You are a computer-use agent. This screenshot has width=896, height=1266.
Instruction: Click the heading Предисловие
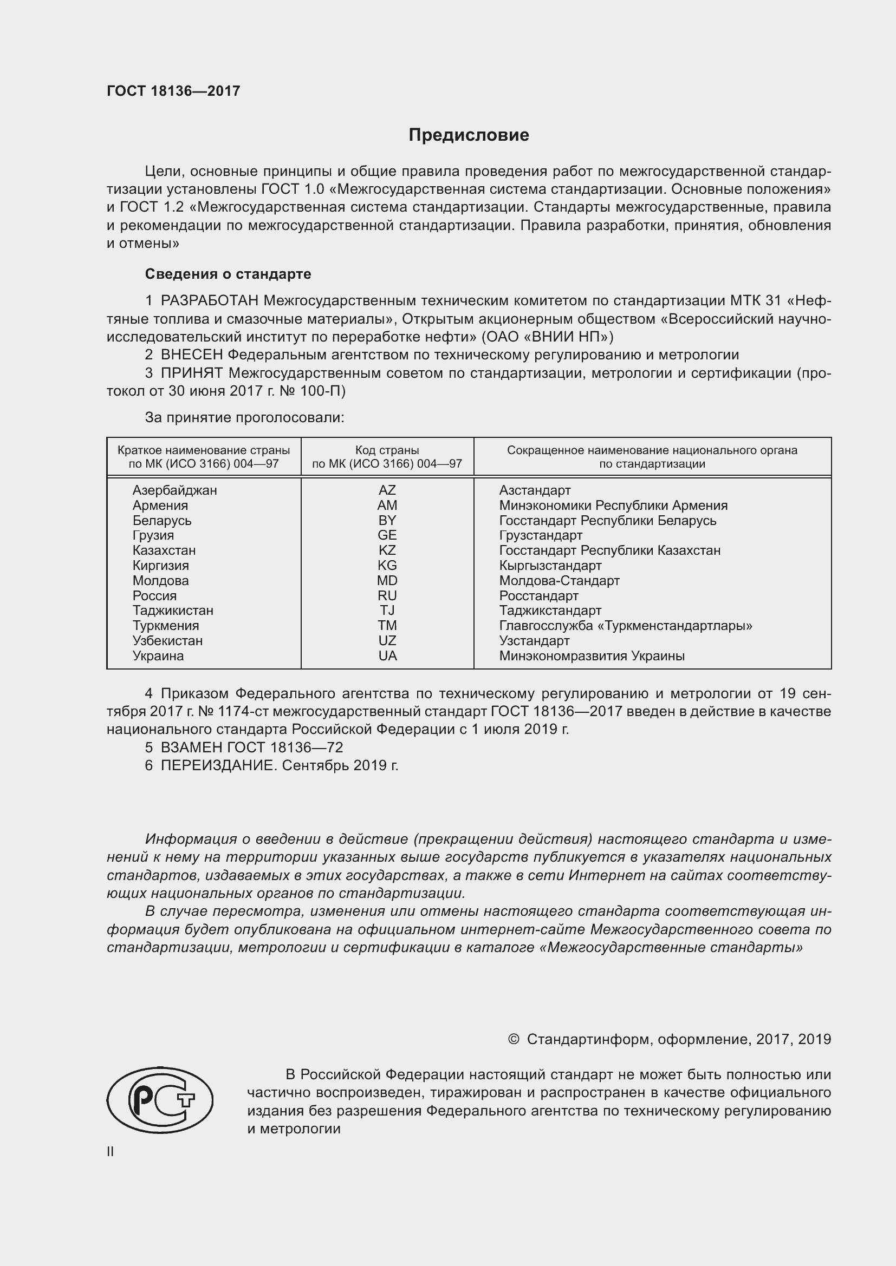pos(469,135)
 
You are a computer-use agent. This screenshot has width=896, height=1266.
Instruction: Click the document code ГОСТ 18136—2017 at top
pos(173,91)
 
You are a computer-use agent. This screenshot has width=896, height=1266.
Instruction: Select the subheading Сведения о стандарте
pos(228,274)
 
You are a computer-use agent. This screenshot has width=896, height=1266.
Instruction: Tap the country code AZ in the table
pos(387,490)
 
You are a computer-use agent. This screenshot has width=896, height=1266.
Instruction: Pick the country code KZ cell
pos(387,550)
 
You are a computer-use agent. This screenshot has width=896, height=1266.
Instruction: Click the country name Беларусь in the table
pos(161,521)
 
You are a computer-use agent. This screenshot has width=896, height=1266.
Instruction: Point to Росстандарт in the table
pos(538,595)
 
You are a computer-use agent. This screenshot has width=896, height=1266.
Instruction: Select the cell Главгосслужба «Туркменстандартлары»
pos(625,626)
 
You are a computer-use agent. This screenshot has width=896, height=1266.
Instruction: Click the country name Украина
pos(158,656)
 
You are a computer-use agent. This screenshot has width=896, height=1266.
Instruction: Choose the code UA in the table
pos(387,656)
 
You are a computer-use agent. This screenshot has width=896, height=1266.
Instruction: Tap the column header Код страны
pos(387,450)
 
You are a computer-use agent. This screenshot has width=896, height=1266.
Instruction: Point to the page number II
pos(111,1152)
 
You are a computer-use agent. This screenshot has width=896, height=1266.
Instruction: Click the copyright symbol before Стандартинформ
pos(513,1039)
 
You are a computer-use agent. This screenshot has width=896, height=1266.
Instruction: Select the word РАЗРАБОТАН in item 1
pos(209,300)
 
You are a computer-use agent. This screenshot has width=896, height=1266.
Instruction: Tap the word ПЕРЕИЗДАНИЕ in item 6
pos(217,765)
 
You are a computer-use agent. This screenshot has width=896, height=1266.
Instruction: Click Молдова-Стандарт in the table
pos(559,581)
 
